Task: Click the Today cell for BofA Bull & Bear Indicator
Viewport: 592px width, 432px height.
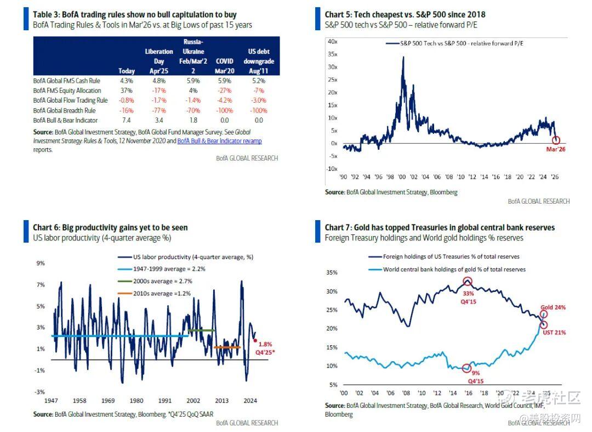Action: click(127, 120)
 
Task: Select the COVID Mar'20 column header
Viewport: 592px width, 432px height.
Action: click(224, 66)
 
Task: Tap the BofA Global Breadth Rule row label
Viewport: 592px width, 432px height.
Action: click(64, 110)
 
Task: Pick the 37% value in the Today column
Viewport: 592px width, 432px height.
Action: click(127, 91)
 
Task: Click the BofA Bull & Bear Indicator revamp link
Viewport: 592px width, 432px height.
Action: click(219, 141)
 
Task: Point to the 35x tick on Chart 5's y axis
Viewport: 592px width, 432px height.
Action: click(332, 54)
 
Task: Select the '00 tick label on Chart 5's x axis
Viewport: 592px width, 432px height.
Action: click(402, 177)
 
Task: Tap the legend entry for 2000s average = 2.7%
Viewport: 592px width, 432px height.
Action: click(163, 281)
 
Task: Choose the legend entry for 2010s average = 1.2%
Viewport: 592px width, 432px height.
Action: click(163, 294)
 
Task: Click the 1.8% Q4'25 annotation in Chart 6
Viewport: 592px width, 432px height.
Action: click(265, 347)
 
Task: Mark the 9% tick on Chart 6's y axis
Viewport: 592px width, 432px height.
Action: click(41, 263)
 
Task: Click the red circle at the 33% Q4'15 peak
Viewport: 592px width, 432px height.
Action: click(467, 282)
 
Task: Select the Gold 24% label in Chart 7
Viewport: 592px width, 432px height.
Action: click(553, 307)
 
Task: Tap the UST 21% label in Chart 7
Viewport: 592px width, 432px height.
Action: click(554, 332)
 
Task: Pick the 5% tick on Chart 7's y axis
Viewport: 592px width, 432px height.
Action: click(333, 385)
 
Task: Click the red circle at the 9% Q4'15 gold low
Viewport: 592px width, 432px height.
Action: click(466, 368)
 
